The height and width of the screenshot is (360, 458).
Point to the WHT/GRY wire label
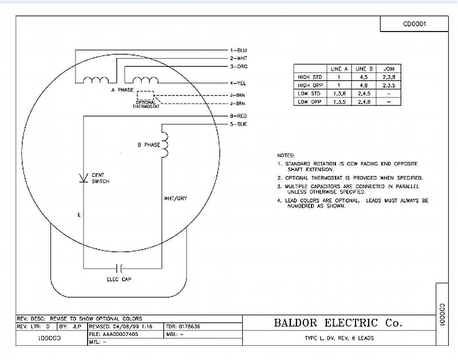[x=175, y=198]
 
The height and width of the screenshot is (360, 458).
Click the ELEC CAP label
[x=119, y=280]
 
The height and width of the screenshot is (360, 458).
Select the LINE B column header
[x=364, y=69]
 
